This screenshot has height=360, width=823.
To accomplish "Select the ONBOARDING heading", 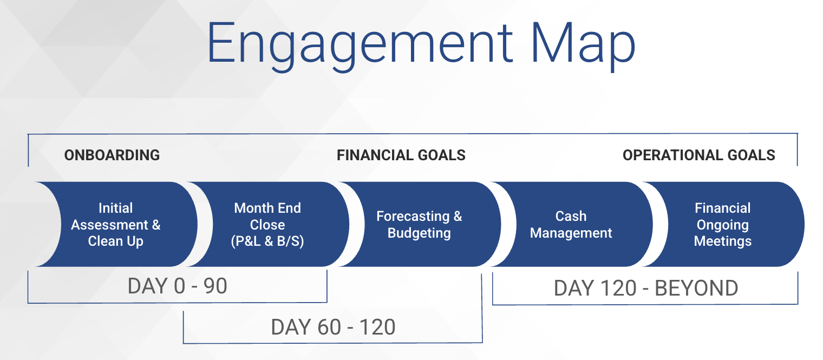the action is pos(112,155).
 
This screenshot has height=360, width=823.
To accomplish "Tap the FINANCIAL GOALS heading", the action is pos(401,155).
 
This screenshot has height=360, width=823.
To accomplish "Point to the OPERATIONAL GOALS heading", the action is pos(699,155).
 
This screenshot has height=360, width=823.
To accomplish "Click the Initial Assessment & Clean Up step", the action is pos(116,224).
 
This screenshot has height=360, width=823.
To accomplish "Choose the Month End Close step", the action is pos(267,224).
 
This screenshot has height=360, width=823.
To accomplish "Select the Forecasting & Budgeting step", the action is pos(419,224).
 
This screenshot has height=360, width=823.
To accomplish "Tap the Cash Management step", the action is pos(571,224).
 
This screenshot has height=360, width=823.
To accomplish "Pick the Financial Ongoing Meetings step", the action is pos(723,224).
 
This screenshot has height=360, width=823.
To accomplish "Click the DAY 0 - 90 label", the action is pos(178,286).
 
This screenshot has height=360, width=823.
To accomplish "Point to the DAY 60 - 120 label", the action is pos(333,327).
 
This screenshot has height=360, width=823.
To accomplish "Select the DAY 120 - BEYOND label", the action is pos(646,288).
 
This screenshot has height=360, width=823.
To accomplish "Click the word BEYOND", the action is pos(696,288).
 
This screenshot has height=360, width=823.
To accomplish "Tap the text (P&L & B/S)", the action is pos(267,241).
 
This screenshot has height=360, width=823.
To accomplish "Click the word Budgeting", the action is pos(419,233).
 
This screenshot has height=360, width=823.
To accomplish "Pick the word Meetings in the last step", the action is pos(723,241).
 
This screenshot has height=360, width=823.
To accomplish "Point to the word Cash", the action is pos(571,216).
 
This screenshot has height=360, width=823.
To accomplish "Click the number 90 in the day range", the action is pos(215,286).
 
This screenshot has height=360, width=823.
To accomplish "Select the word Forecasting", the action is pos(413,216).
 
